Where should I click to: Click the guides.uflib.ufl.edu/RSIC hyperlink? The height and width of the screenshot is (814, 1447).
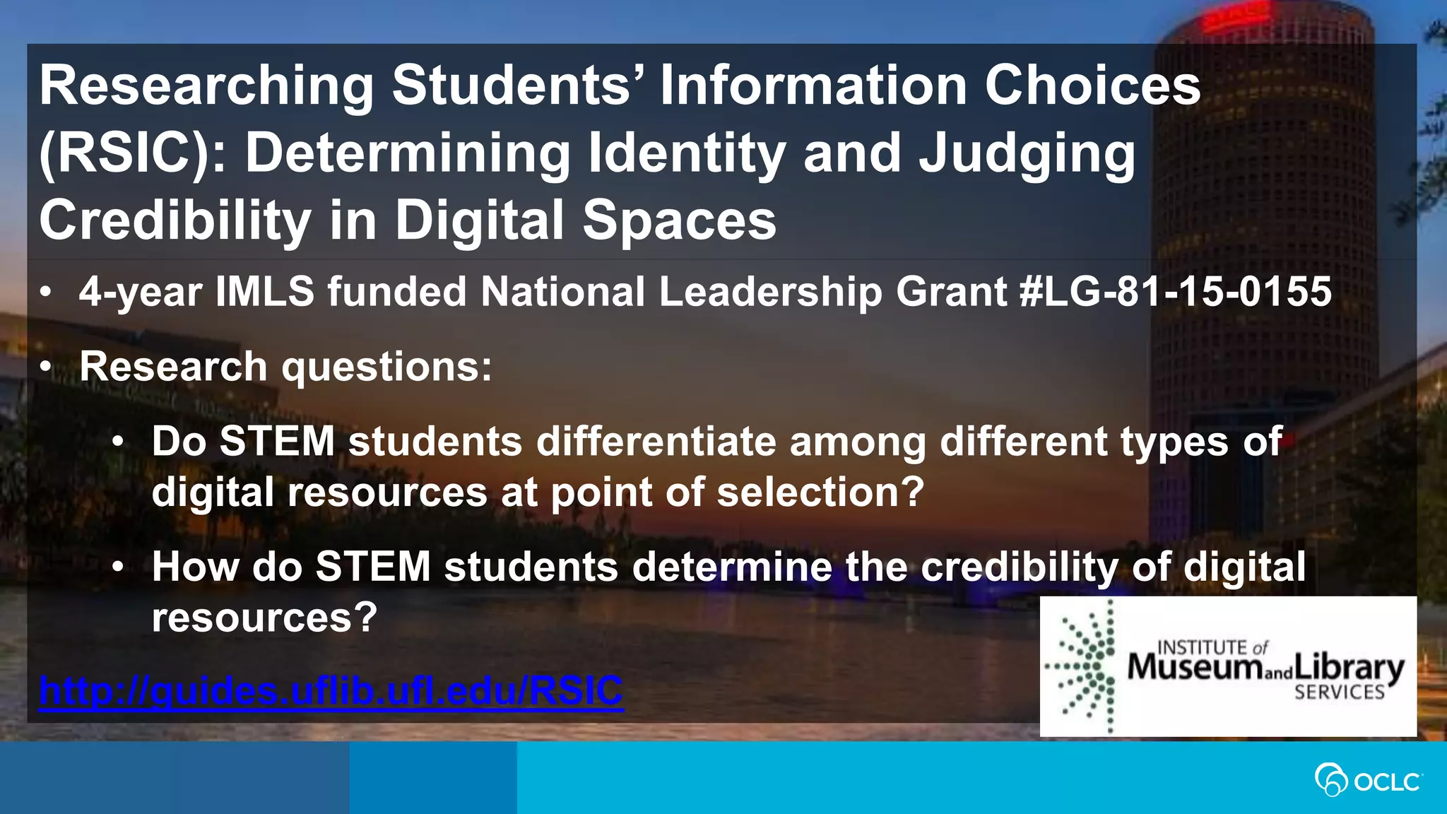(331, 690)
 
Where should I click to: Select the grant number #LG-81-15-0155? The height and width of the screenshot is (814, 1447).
(1176, 292)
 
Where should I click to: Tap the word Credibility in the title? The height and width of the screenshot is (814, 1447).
(175, 220)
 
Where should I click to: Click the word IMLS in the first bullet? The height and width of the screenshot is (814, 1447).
(265, 292)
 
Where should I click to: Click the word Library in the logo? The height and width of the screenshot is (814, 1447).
(1349, 668)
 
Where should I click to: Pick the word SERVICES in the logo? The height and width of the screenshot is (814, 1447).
(1340, 692)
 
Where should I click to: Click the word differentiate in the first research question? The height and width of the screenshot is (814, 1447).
(656, 442)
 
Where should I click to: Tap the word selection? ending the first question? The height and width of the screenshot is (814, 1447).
(820, 492)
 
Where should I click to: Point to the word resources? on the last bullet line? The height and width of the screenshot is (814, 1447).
(265, 618)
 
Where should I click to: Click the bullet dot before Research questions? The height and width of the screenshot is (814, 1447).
(46, 367)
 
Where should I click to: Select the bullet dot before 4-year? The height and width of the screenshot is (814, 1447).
(46, 292)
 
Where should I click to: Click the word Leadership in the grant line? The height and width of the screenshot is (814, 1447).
(770, 292)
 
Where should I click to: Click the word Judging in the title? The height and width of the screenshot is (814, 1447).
(1027, 153)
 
